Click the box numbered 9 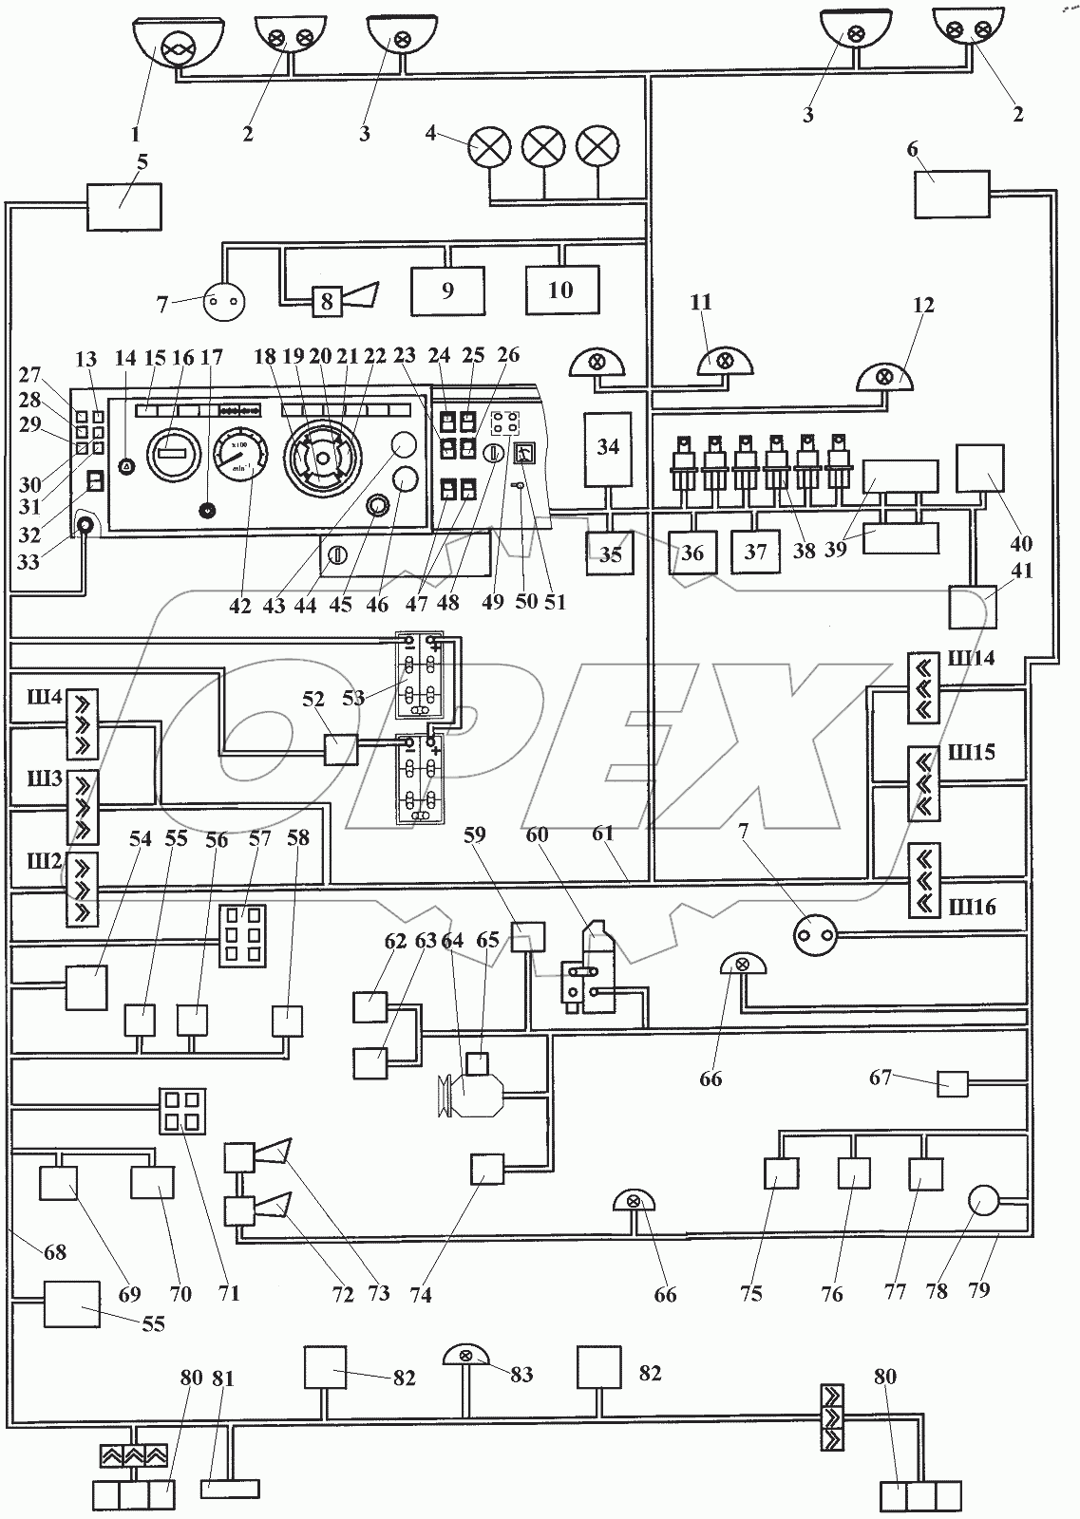[x=447, y=291]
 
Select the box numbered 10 [x=562, y=290]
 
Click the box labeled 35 [x=610, y=553]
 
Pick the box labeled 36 [x=693, y=553]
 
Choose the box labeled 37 [x=755, y=552]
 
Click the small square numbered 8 [x=327, y=302]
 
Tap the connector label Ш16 [x=971, y=908]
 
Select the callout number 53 [x=353, y=700]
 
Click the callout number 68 [x=55, y=1252]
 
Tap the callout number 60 [x=538, y=835]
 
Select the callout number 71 [x=229, y=1292]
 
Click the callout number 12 [x=923, y=306]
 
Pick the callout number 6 [x=913, y=148]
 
